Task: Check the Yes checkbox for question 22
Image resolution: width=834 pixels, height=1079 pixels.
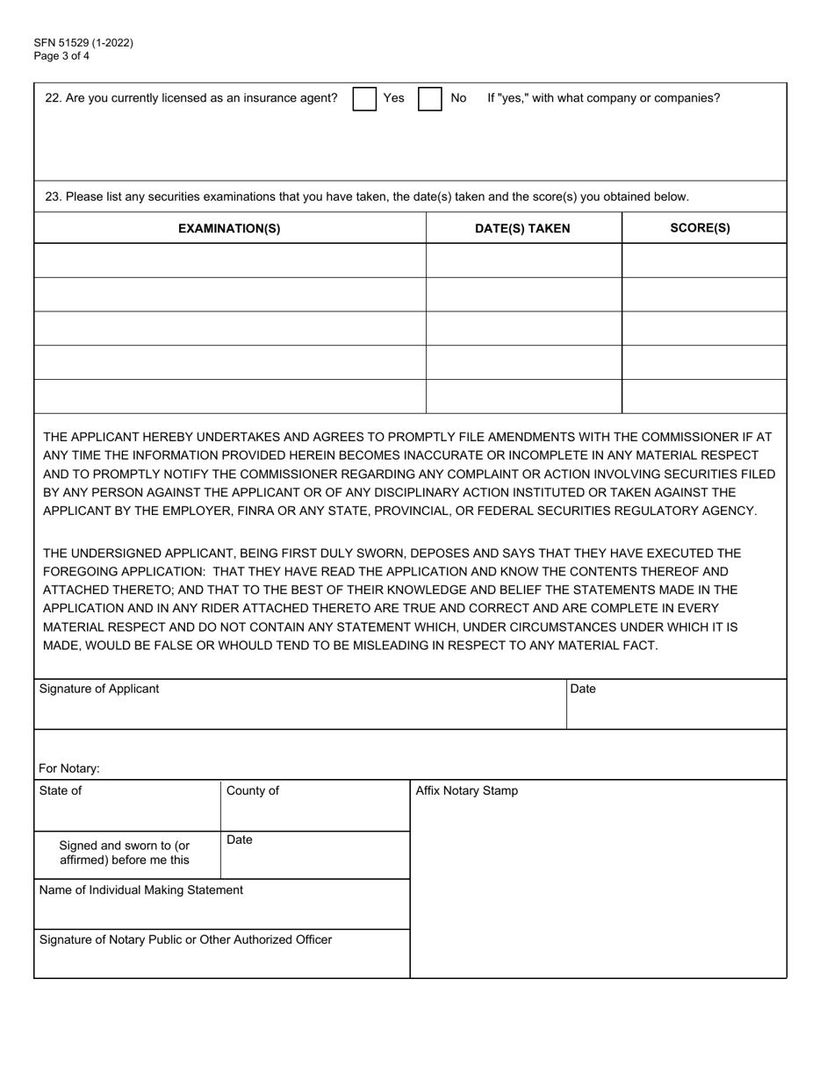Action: click(364, 99)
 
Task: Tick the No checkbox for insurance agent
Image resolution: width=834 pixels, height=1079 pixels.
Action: click(429, 99)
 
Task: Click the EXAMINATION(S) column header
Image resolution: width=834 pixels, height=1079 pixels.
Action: click(229, 229)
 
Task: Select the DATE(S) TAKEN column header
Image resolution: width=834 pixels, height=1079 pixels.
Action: click(522, 229)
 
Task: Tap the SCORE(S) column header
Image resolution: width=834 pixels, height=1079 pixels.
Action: click(700, 229)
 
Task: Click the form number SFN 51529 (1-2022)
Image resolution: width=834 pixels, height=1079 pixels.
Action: click(84, 43)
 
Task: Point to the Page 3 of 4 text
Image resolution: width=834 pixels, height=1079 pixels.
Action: click(61, 56)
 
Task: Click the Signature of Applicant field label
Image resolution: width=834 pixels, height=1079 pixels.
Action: click(99, 690)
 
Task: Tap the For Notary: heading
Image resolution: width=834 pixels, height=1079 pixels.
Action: click(69, 769)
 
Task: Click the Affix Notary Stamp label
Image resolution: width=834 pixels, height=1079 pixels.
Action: click(466, 791)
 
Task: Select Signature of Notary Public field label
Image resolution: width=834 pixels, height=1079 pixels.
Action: click(185, 940)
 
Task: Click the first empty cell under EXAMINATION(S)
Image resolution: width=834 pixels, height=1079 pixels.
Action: click(229, 261)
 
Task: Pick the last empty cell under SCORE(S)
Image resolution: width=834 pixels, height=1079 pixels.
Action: click(703, 397)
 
